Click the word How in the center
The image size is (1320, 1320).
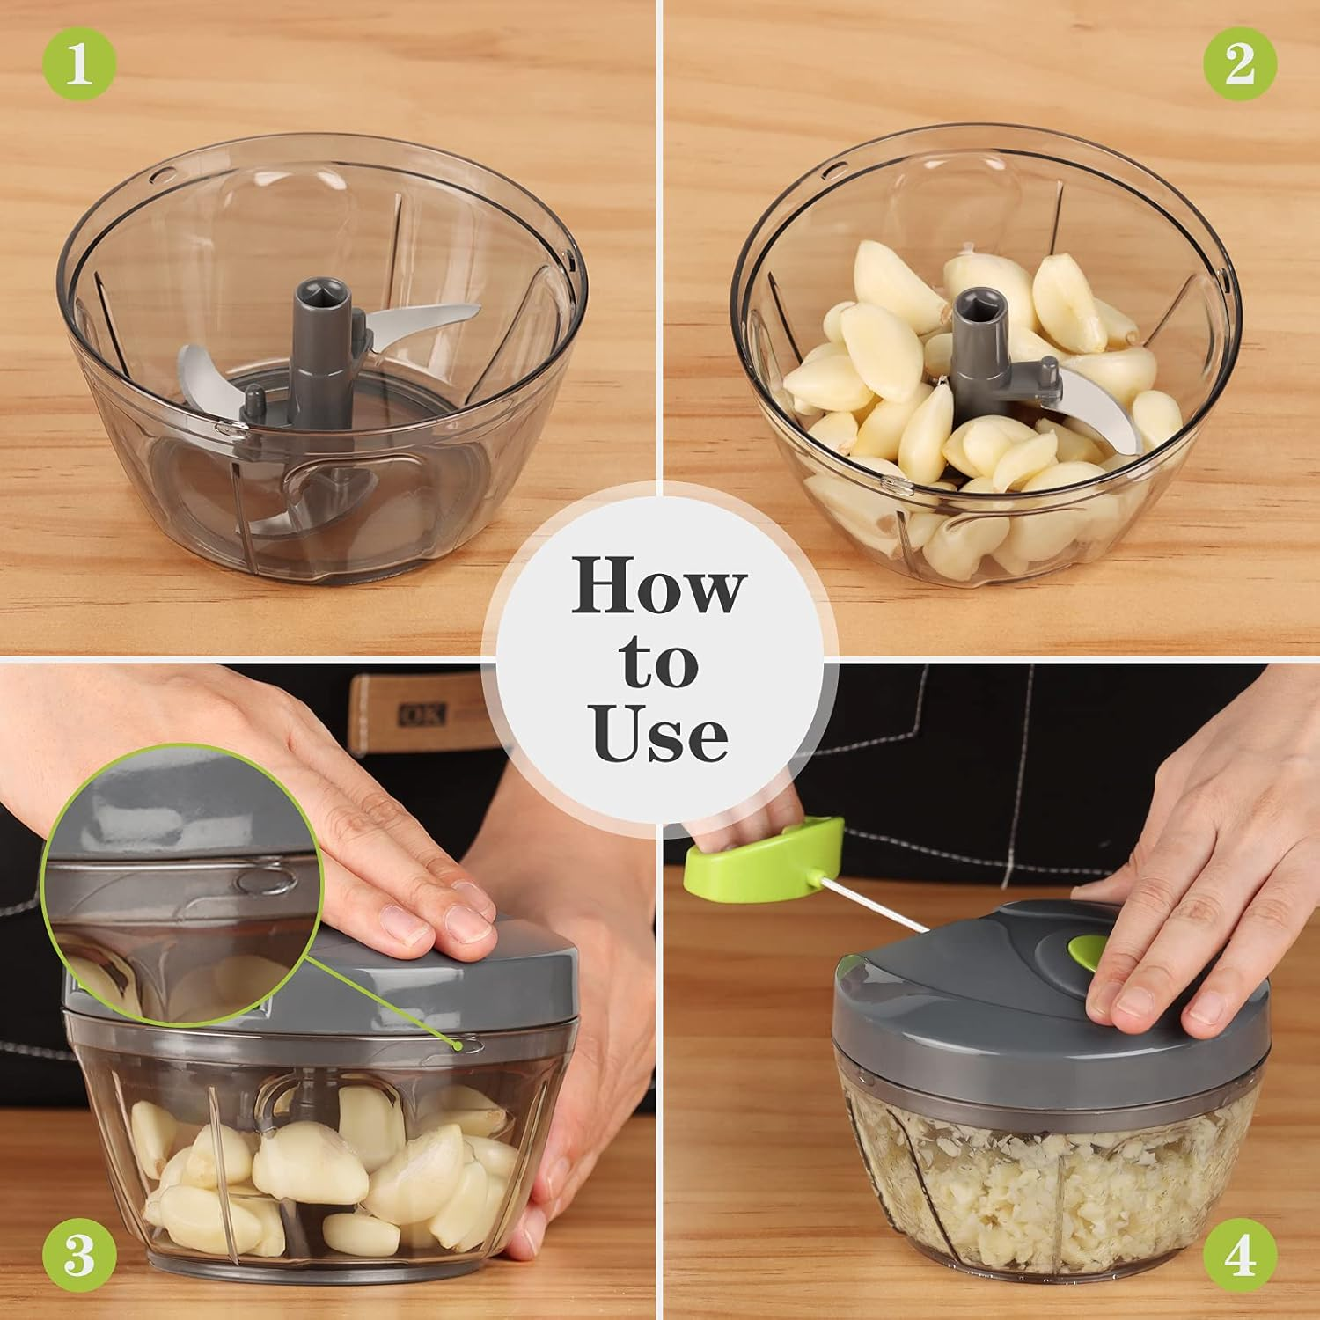tap(658, 587)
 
